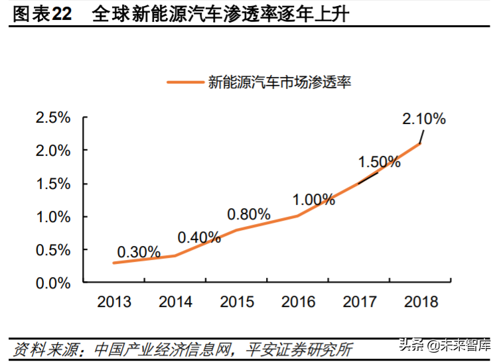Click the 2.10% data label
coord(424,119)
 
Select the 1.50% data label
coord(379,162)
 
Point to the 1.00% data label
coord(314,200)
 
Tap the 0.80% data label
coord(249,214)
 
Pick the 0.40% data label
coord(199,237)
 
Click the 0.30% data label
coord(139,252)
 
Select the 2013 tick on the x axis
coord(114,302)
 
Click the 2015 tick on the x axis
coord(237,302)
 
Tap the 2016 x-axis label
coord(298,302)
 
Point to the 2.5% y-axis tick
coord(53,118)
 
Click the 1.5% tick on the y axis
coord(53,184)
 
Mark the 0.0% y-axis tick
coord(53,283)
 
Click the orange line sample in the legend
coord(185,83)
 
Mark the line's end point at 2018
coord(420,143)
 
